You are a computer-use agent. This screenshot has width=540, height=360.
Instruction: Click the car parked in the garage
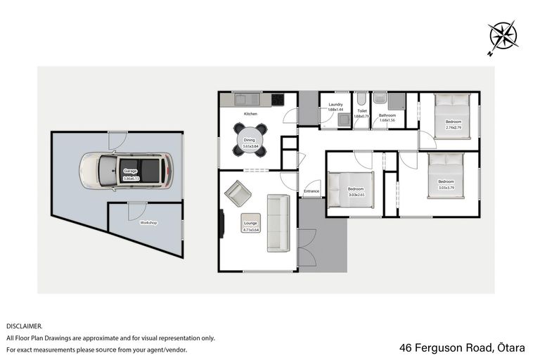click(x=127, y=171)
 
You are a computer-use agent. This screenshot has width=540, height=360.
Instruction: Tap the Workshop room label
click(x=148, y=223)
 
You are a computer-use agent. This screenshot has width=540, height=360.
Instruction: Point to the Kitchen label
click(x=251, y=113)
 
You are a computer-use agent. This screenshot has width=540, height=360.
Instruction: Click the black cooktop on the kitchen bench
click(x=278, y=99)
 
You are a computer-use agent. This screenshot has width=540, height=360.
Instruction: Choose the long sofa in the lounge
click(x=278, y=224)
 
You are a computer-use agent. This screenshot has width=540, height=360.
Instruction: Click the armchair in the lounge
click(x=237, y=193)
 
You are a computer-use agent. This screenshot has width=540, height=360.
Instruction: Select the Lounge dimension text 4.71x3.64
click(x=251, y=229)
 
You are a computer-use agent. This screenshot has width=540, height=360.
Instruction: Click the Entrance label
click(x=311, y=191)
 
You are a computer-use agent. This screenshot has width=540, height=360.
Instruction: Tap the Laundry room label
click(x=335, y=105)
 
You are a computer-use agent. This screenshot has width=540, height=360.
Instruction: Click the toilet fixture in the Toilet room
click(x=361, y=100)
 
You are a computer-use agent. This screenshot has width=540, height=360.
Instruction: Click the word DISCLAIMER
click(x=24, y=326)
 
